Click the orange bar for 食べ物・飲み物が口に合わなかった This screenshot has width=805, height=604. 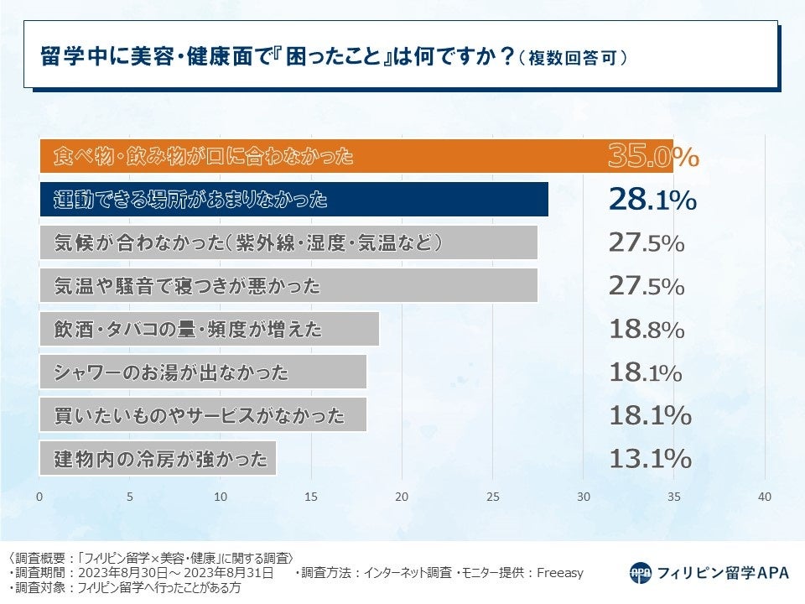(x=356, y=157)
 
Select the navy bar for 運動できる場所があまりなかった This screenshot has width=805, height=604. (x=293, y=200)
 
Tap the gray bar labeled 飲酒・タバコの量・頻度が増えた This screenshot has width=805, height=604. (x=210, y=329)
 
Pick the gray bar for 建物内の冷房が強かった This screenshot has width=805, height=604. (x=158, y=459)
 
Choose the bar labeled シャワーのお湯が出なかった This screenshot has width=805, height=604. (x=203, y=372)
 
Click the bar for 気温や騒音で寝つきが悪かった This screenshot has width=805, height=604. (x=288, y=286)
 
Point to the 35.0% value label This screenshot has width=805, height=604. (x=652, y=157)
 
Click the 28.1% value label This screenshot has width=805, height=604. (x=652, y=200)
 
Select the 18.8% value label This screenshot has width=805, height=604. (x=647, y=329)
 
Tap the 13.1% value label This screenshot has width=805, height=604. (x=650, y=459)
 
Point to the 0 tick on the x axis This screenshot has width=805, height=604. (x=39, y=497)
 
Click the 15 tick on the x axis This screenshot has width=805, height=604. (x=311, y=497)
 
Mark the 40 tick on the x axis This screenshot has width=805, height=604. (x=764, y=497)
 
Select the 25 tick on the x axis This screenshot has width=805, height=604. (x=492, y=497)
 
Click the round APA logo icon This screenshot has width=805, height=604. (x=641, y=573)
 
